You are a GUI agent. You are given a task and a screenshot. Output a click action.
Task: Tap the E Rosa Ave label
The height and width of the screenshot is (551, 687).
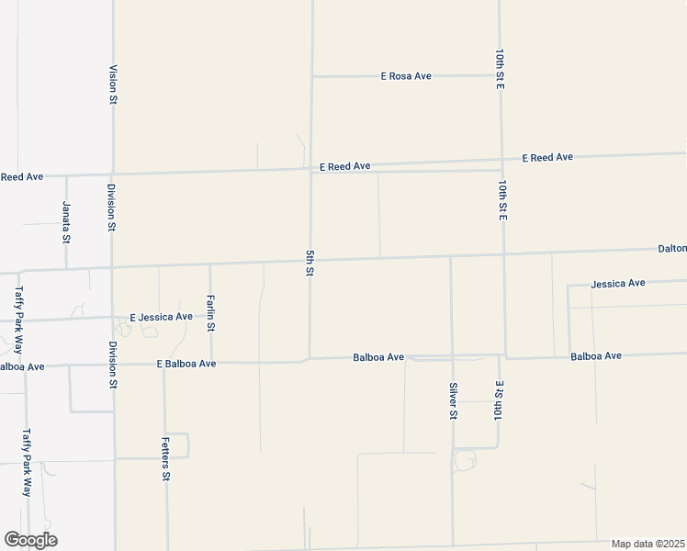click(x=406, y=76)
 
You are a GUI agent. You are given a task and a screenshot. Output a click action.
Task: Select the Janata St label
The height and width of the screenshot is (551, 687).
click(x=66, y=221)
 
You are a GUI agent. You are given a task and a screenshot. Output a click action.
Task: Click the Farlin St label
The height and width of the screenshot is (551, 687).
click(x=210, y=312)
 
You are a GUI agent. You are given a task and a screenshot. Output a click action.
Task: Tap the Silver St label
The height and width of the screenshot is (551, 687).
click(x=453, y=400)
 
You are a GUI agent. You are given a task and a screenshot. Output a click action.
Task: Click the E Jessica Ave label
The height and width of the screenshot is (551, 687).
click(x=161, y=317)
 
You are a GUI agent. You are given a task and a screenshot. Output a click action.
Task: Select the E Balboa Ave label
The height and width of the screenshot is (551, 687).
click(x=186, y=364)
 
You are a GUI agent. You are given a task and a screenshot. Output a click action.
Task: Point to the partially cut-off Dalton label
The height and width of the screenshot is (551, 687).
click(x=671, y=248)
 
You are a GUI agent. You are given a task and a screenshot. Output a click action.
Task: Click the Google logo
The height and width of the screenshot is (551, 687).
click(x=30, y=540)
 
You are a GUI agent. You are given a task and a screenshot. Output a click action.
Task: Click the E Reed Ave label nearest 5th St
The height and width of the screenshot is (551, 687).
click(x=344, y=166)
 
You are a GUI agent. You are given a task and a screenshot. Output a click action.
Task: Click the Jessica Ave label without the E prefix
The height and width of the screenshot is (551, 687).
click(x=618, y=284)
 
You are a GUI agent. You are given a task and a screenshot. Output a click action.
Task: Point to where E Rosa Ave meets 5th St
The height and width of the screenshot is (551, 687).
click(x=312, y=76)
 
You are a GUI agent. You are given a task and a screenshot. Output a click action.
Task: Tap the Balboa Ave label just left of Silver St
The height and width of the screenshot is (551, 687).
click(x=378, y=356)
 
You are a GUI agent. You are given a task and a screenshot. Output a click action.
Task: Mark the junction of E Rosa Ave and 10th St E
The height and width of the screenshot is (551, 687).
click(x=500, y=75)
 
